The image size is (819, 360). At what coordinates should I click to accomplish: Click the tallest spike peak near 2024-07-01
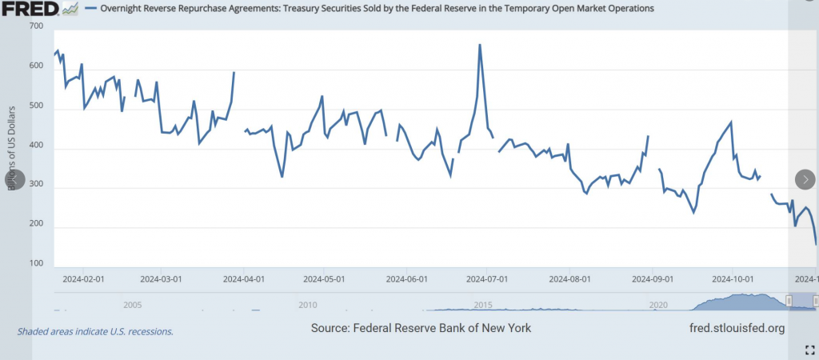coord(480,45)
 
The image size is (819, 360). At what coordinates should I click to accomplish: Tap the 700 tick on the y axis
coord(35,27)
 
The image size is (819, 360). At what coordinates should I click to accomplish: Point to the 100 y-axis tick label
coord(35,263)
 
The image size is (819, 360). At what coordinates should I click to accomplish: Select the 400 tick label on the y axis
coord(35,148)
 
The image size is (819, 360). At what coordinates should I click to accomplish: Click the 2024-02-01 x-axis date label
coord(84,279)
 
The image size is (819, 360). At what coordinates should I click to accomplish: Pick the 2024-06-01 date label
coord(407,279)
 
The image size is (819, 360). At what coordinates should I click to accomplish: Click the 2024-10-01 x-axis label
coord(734,279)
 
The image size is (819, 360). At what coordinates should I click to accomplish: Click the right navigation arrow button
coord(805,179)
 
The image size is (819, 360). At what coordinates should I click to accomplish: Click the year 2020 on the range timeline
coord(658,305)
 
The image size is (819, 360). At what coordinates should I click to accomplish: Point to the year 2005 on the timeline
coord(133,305)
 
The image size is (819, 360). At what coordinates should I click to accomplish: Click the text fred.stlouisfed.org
coord(736,328)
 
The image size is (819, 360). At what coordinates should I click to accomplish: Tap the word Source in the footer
coord(332,328)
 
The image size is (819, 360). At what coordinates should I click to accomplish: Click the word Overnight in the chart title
coord(122,8)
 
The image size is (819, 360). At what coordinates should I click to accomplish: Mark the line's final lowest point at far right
coord(816,244)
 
